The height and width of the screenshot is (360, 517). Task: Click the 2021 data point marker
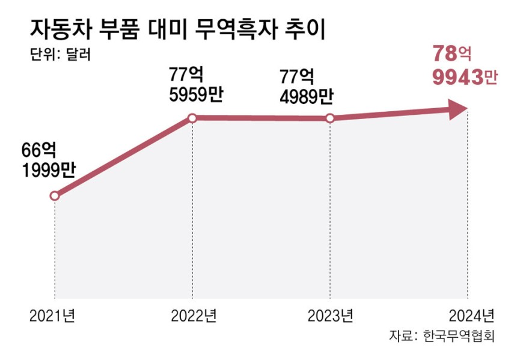pos(55,196)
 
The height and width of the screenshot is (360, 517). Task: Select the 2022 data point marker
pos(192,118)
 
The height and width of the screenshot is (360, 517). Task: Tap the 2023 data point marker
pos(329,118)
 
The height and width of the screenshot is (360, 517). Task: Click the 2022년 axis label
pos(192,316)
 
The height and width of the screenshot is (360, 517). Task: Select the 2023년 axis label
pos(329,316)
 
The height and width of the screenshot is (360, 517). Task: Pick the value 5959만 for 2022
pos(197,96)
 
